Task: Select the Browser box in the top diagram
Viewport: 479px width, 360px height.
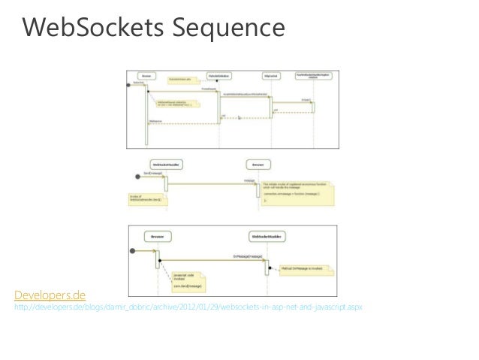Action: pos(146,76)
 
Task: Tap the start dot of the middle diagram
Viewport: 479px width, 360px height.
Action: pos(125,174)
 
